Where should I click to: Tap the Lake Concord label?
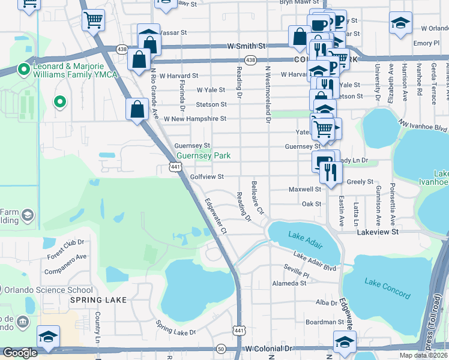click(x=388, y=287)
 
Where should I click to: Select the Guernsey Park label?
click(x=203, y=155)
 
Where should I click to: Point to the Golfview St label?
click(x=206, y=177)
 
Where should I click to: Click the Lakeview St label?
click(x=378, y=231)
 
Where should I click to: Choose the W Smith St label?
click(x=246, y=46)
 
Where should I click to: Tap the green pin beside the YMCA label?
click(x=24, y=70)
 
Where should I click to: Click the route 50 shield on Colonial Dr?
click(x=221, y=349)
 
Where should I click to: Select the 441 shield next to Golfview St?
click(x=175, y=167)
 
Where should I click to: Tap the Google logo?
click(x=20, y=353)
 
